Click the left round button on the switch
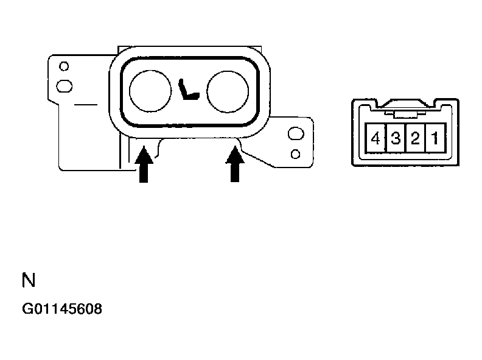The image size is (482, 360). click(x=150, y=90)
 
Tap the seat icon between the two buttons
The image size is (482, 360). click(x=189, y=91)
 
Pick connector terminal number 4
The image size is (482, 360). click(x=375, y=138)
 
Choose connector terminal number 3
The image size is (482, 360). click(x=395, y=138)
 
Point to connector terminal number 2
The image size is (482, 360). click(x=415, y=138)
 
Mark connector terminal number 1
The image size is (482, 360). click(x=435, y=138)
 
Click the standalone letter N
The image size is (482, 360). click(x=29, y=280)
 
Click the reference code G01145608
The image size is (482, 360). click(x=62, y=309)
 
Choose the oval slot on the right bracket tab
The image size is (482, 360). click(x=295, y=133)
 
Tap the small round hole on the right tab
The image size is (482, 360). click(x=295, y=152)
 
